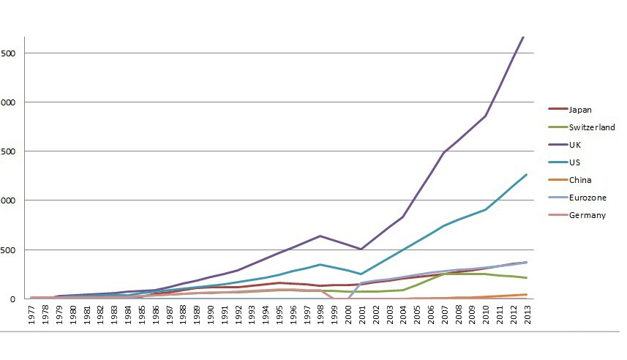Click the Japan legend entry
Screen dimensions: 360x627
[x=579, y=110]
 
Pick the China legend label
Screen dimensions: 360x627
[x=579, y=180]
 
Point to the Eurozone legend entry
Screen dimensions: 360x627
[x=587, y=198]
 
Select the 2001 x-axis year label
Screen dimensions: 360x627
[x=361, y=317]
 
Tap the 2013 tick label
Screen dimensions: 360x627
[x=526, y=317]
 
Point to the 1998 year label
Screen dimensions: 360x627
[x=320, y=317]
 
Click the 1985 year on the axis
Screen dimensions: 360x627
[x=143, y=317]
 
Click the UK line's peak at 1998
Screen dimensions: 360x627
[x=320, y=236]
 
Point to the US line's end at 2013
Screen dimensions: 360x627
[x=526, y=174]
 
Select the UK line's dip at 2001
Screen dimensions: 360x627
[x=361, y=250]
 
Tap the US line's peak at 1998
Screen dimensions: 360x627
[x=320, y=264]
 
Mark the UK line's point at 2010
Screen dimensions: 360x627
[x=485, y=116]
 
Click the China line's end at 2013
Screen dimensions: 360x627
[x=526, y=294]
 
